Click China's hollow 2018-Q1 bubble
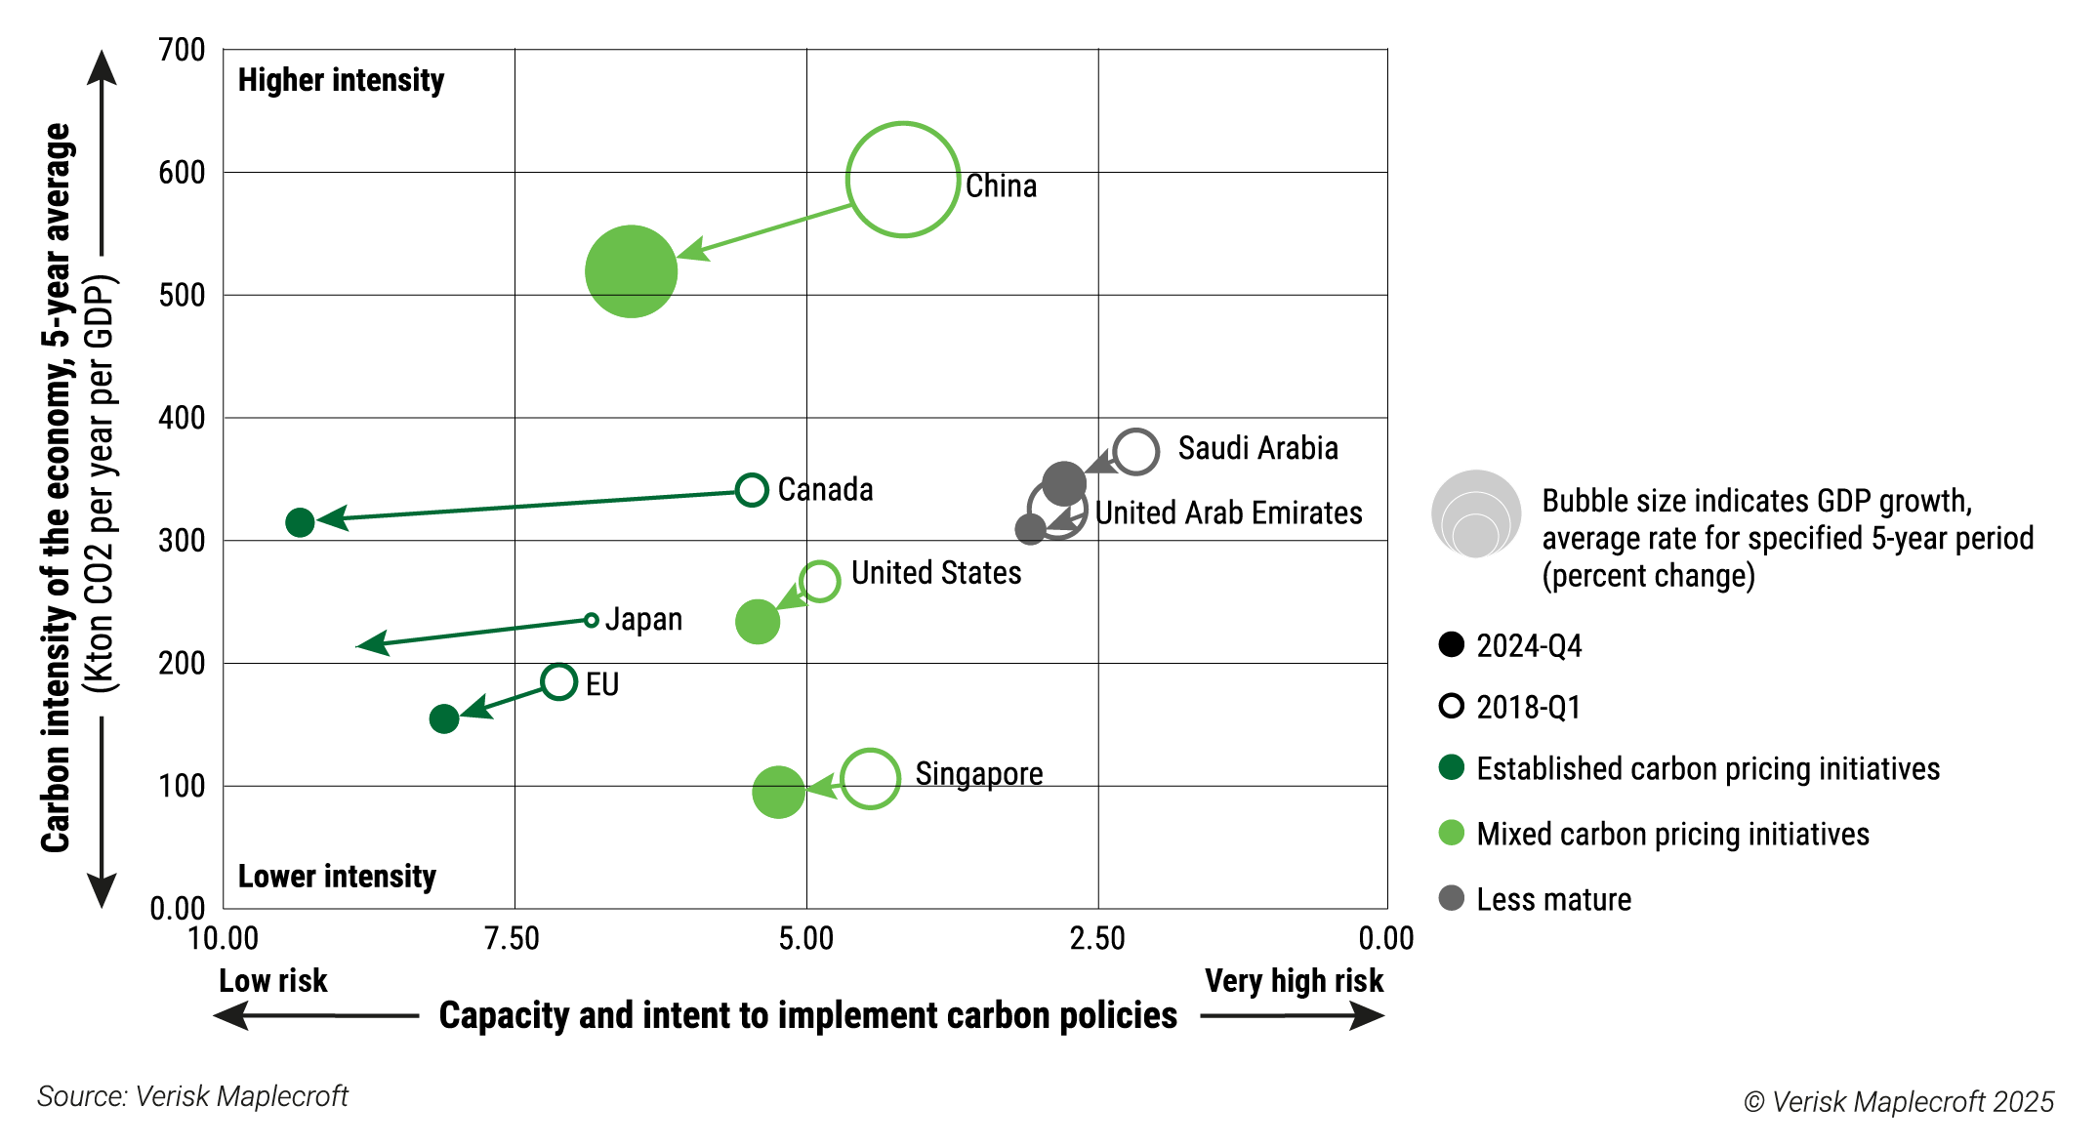pyautogui.click(x=903, y=180)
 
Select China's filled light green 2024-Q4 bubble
pyautogui.click(x=631, y=271)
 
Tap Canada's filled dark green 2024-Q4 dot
pyautogui.click(x=300, y=522)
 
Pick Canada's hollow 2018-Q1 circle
pyautogui.click(x=752, y=489)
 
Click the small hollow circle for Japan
pyautogui.click(x=591, y=620)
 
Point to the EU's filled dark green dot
pyautogui.click(x=444, y=718)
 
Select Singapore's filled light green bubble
pyautogui.click(x=778, y=792)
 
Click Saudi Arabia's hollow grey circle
pyautogui.click(x=1135, y=452)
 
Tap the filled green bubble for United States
pyautogui.click(x=757, y=622)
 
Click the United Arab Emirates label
pyautogui.click(x=1228, y=512)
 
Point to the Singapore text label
pyautogui.click(x=978, y=774)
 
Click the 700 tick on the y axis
pyautogui.click(x=182, y=50)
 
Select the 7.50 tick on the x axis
pyautogui.click(x=513, y=939)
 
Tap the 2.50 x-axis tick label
pyautogui.click(x=1096, y=939)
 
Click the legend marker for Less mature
pyautogui.click(x=1452, y=898)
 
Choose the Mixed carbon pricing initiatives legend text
pyautogui.click(x=1672, y=834)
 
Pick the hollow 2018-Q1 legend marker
pyautogui.click(x=1452, y=706)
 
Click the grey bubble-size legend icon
pyautogui.click(x=1476, y=514)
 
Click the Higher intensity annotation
pyautogui.click(x=341, y=80)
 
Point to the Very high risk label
pyautogui.click(x=1294, y=980)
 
